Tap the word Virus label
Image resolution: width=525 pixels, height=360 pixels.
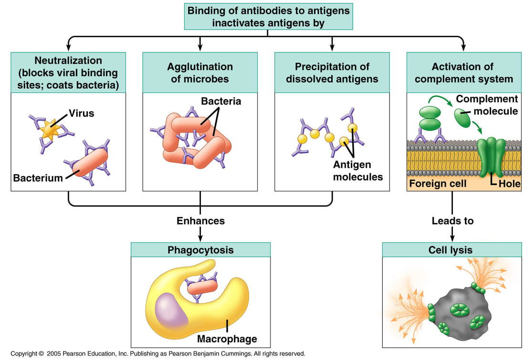click(82, 113)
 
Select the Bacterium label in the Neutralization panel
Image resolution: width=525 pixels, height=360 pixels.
click(38, 178)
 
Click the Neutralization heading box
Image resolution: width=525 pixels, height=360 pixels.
click(68, 73)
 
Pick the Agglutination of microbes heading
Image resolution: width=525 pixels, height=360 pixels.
click(200, 73)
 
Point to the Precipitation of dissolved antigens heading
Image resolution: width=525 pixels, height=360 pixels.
click(332, 73)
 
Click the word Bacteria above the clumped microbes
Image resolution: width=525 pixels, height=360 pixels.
click(221, 102)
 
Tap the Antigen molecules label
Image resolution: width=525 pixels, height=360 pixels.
click(358, 171)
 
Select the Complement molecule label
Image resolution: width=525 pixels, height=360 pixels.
click(487, 105)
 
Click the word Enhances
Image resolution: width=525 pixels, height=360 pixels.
click(200, 221)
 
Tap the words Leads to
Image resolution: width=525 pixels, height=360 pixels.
click(452, 221)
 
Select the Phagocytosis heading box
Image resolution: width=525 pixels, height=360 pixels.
click(200, 250)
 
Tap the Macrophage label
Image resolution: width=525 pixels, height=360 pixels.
click(227, 339)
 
